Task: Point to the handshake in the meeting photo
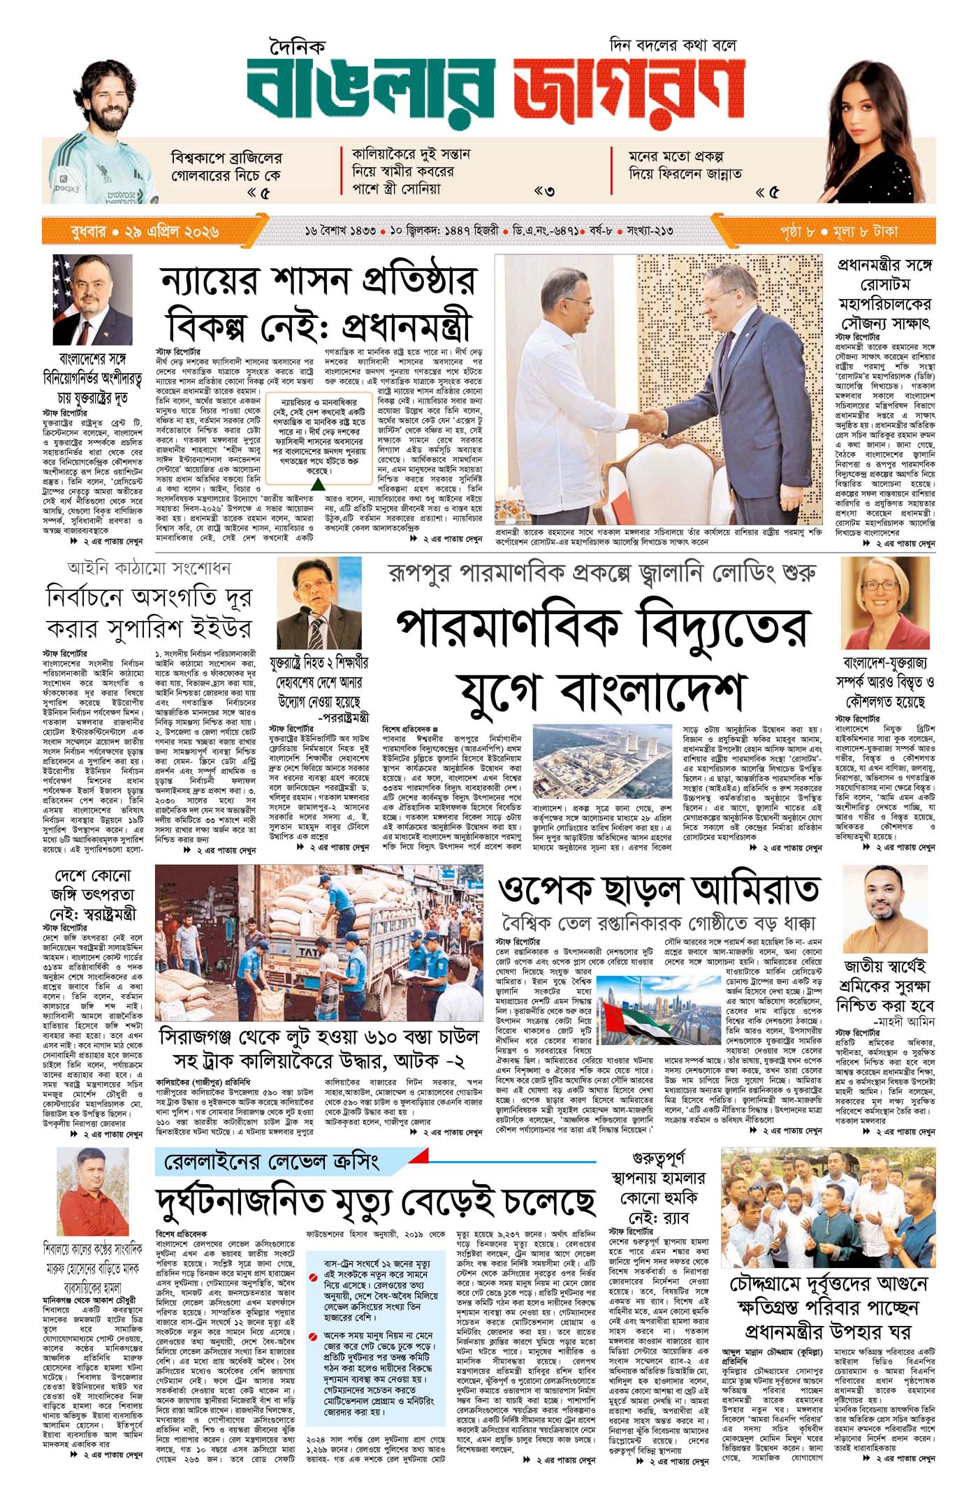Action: click(654, 419)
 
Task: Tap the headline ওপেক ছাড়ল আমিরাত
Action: click(658, 889)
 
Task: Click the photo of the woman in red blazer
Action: click(886, 603)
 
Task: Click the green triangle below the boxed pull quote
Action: click(317, 484)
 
